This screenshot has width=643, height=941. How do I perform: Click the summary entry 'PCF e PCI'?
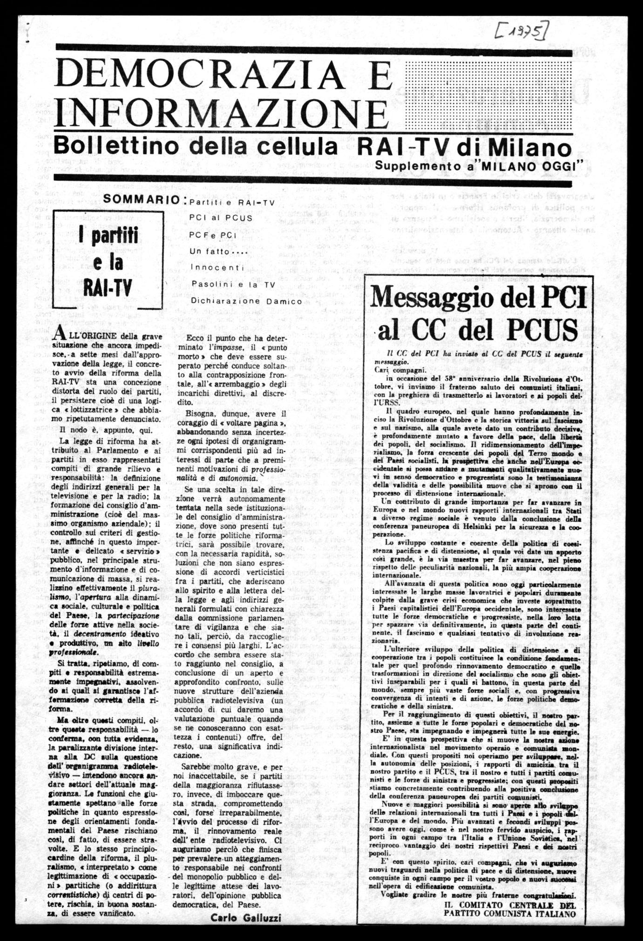click(214, 235)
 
